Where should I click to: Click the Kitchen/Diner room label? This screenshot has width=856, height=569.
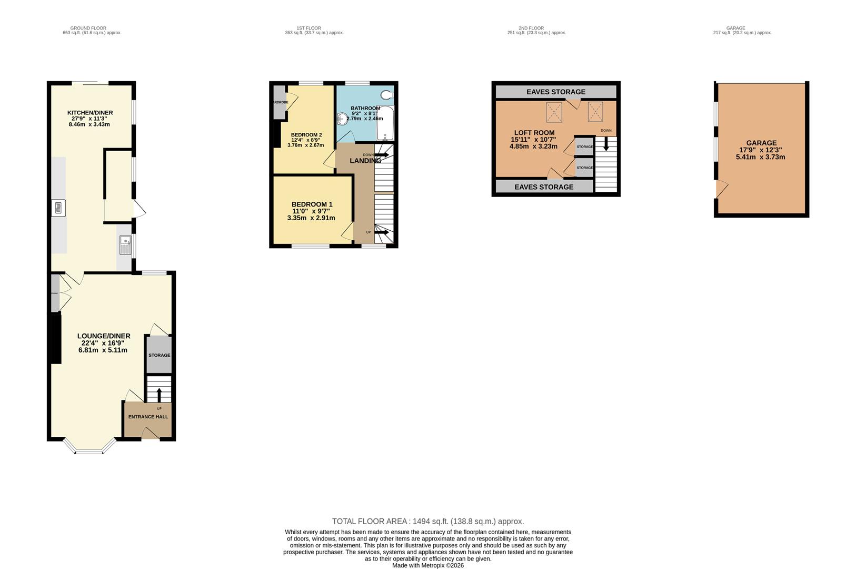point(89,113)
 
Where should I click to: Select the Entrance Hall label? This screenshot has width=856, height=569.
point(148,417)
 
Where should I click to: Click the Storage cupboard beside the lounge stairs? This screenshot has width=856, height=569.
point(159,355)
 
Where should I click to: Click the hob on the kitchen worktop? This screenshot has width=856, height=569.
point(58,208)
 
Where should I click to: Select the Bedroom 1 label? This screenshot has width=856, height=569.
point(312,204)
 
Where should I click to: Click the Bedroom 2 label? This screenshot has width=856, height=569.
point(306,135)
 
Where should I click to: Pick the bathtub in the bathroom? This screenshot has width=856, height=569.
point(385,123)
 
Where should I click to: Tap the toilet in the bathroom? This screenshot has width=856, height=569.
point(387,95)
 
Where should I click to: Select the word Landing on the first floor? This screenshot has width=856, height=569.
point(365,161)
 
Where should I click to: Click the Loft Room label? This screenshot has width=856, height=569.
point(534,133)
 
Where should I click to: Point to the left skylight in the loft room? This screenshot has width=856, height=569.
point(554,111)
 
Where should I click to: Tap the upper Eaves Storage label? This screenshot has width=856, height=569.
point(555,92)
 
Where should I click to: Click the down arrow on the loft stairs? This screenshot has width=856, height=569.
point(606,144)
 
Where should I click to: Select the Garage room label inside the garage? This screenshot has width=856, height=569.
point(761,143)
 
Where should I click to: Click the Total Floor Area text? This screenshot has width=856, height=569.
point(427,522)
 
